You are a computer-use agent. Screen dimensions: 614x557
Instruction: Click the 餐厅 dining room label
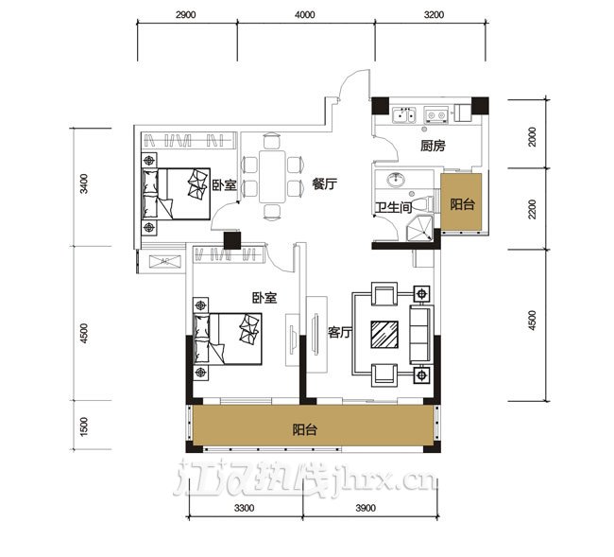[324, 183]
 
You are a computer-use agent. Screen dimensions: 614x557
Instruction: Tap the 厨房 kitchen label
[433, 146]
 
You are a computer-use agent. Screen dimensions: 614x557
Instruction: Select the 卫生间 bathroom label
[394, 207]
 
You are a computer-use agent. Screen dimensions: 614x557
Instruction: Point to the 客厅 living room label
[340, 332]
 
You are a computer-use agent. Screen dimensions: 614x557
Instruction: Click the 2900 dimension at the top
[185, 15]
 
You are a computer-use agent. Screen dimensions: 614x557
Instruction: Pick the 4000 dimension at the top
[305, 15]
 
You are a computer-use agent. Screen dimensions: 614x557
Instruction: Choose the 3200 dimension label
[434, 15]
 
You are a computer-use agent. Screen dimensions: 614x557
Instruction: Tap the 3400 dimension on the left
[84, 184]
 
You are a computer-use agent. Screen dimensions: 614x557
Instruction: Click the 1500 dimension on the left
[84, 426]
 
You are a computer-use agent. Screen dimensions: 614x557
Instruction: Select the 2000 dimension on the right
[532, 137]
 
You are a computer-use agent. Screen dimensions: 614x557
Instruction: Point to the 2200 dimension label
[532, 209]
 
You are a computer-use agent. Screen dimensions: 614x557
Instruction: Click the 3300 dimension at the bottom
[244, 508]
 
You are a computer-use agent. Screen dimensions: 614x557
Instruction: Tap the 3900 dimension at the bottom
[366, 508]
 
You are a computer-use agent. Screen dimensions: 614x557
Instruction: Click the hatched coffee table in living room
[384, 335]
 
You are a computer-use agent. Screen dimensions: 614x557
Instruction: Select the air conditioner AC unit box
[165, 261]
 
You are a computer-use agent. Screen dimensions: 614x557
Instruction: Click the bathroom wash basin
[397, 180]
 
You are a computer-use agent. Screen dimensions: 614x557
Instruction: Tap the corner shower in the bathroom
[419, 228]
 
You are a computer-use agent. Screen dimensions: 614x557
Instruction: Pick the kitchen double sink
[403, 114]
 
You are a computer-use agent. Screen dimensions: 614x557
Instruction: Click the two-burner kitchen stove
[436, 114]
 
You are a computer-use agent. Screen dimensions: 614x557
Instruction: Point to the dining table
[272, 177]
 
